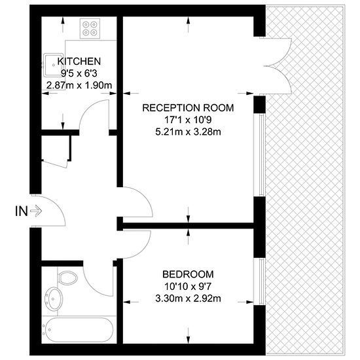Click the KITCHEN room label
pos(79,62)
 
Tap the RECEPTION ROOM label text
pos(188,108)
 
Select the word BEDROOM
pos(188,274)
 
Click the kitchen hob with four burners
pos(90,28)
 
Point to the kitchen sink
pos(53,65)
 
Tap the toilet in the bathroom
pos(67,278)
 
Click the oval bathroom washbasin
pos(54,299)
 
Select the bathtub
pos(78,330)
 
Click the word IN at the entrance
pos(22,211)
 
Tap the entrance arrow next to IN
pos(36,211)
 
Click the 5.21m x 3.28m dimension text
pos(188,132)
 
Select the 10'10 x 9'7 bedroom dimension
pos(188,287)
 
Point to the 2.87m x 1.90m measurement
pos(79,85)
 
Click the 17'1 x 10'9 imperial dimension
pos(188,120)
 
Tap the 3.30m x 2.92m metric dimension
pos(188,298)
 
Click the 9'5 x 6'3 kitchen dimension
pos(79,73)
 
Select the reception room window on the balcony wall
pos(259,154)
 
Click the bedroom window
pos(259,281)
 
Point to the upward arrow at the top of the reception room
pos(189,25)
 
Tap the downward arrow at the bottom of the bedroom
pos(189,335)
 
